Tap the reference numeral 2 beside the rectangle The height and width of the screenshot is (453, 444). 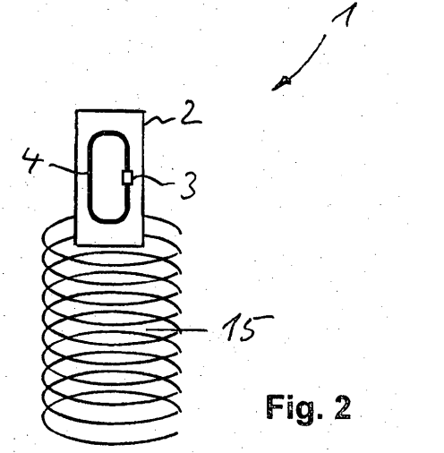click(x=192, y=113)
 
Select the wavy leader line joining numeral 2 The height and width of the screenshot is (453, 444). click(x=161, y=120)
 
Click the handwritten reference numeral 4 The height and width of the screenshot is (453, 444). click(x=32, y=160)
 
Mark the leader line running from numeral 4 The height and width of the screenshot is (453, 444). click(x=68, y=168)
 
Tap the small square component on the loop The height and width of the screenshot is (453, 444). click(x=127, y=177)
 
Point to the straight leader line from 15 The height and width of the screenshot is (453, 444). click(x=176, y=329)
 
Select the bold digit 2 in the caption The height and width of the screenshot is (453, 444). click(x=343, y=407)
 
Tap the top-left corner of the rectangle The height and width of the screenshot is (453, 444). click(x=76, y=111)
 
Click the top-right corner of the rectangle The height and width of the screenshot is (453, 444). click(x=144, y=111)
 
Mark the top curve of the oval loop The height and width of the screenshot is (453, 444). click(x=109, y=132)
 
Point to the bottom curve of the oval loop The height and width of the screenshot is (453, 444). click(x=109, y=221)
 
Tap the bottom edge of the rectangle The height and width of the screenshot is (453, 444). click(x=110, y=245)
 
